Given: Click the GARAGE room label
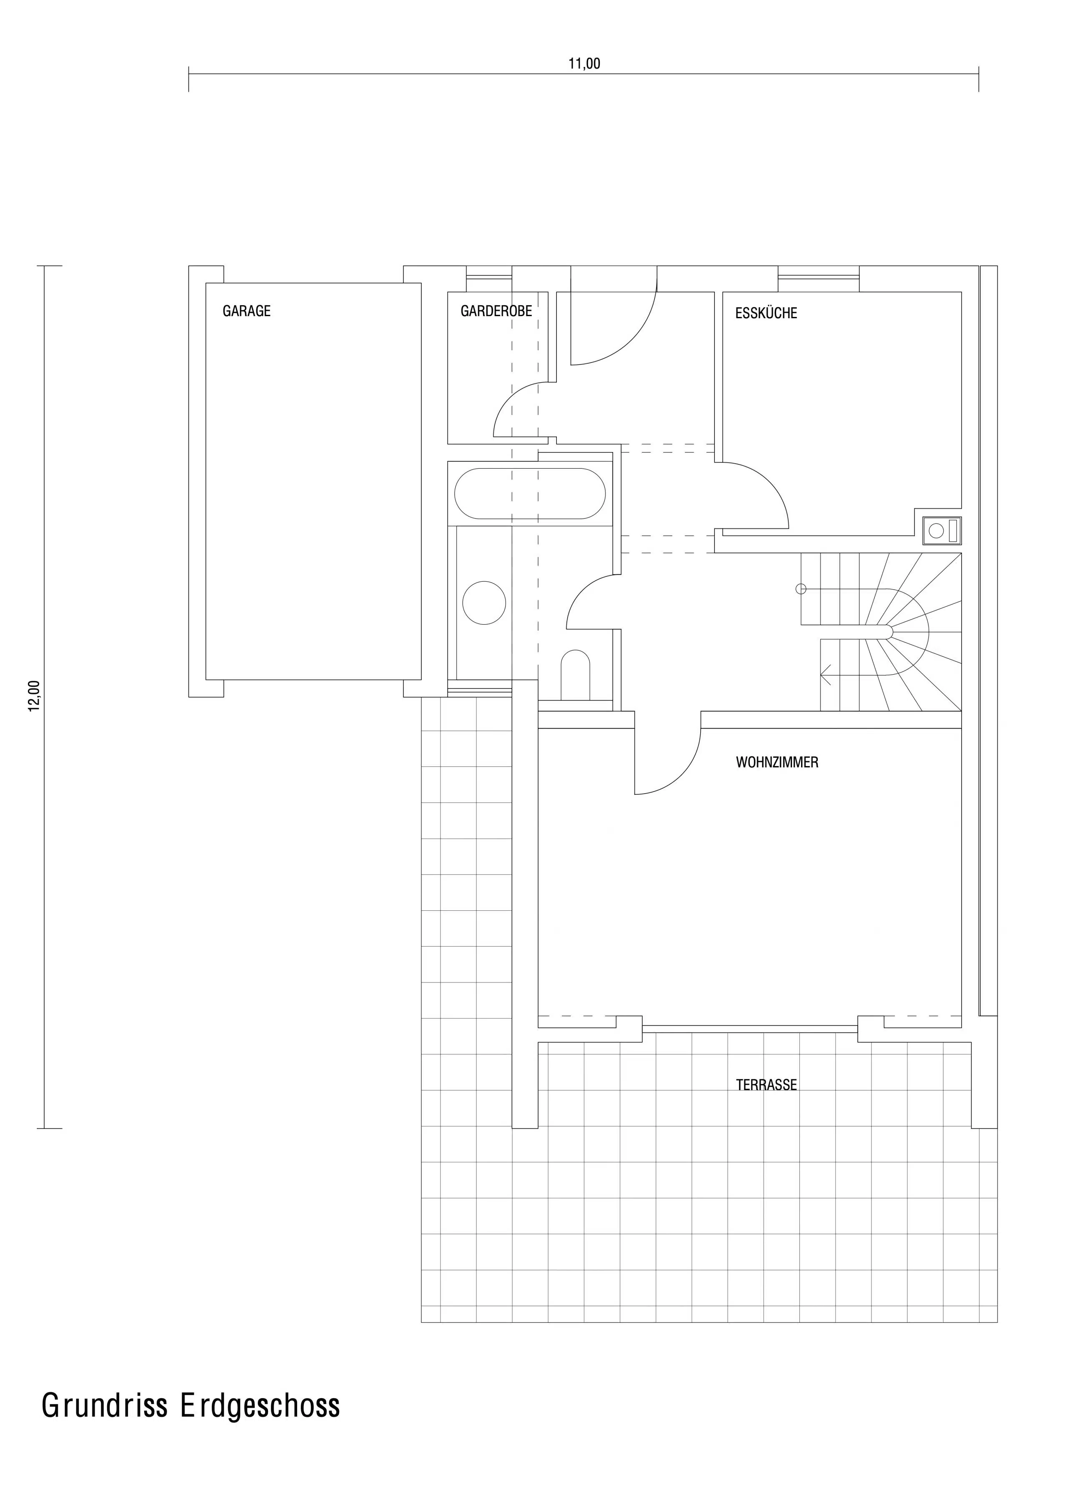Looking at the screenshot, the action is [246, 311].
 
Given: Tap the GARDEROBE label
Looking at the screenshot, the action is [496, 311].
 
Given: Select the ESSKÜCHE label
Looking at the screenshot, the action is [766, 313].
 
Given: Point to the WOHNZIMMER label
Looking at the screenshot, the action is [777, 763].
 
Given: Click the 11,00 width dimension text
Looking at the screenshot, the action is [584, 64].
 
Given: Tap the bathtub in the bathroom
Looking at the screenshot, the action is [530, 493].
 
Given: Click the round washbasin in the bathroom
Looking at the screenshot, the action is [484, 603].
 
